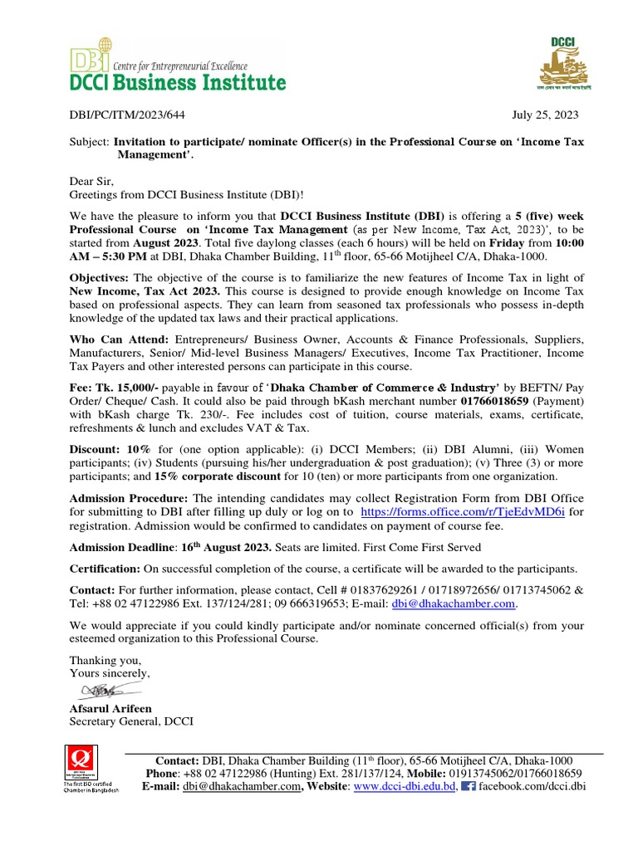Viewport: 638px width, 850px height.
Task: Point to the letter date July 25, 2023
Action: click(x=544, y=115)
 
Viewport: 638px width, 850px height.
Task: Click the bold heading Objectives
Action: click(x=99, y=277)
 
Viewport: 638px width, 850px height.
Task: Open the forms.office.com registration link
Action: click(x=463, y=513)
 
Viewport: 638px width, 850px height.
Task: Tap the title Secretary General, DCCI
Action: click(x=130, y=721)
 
